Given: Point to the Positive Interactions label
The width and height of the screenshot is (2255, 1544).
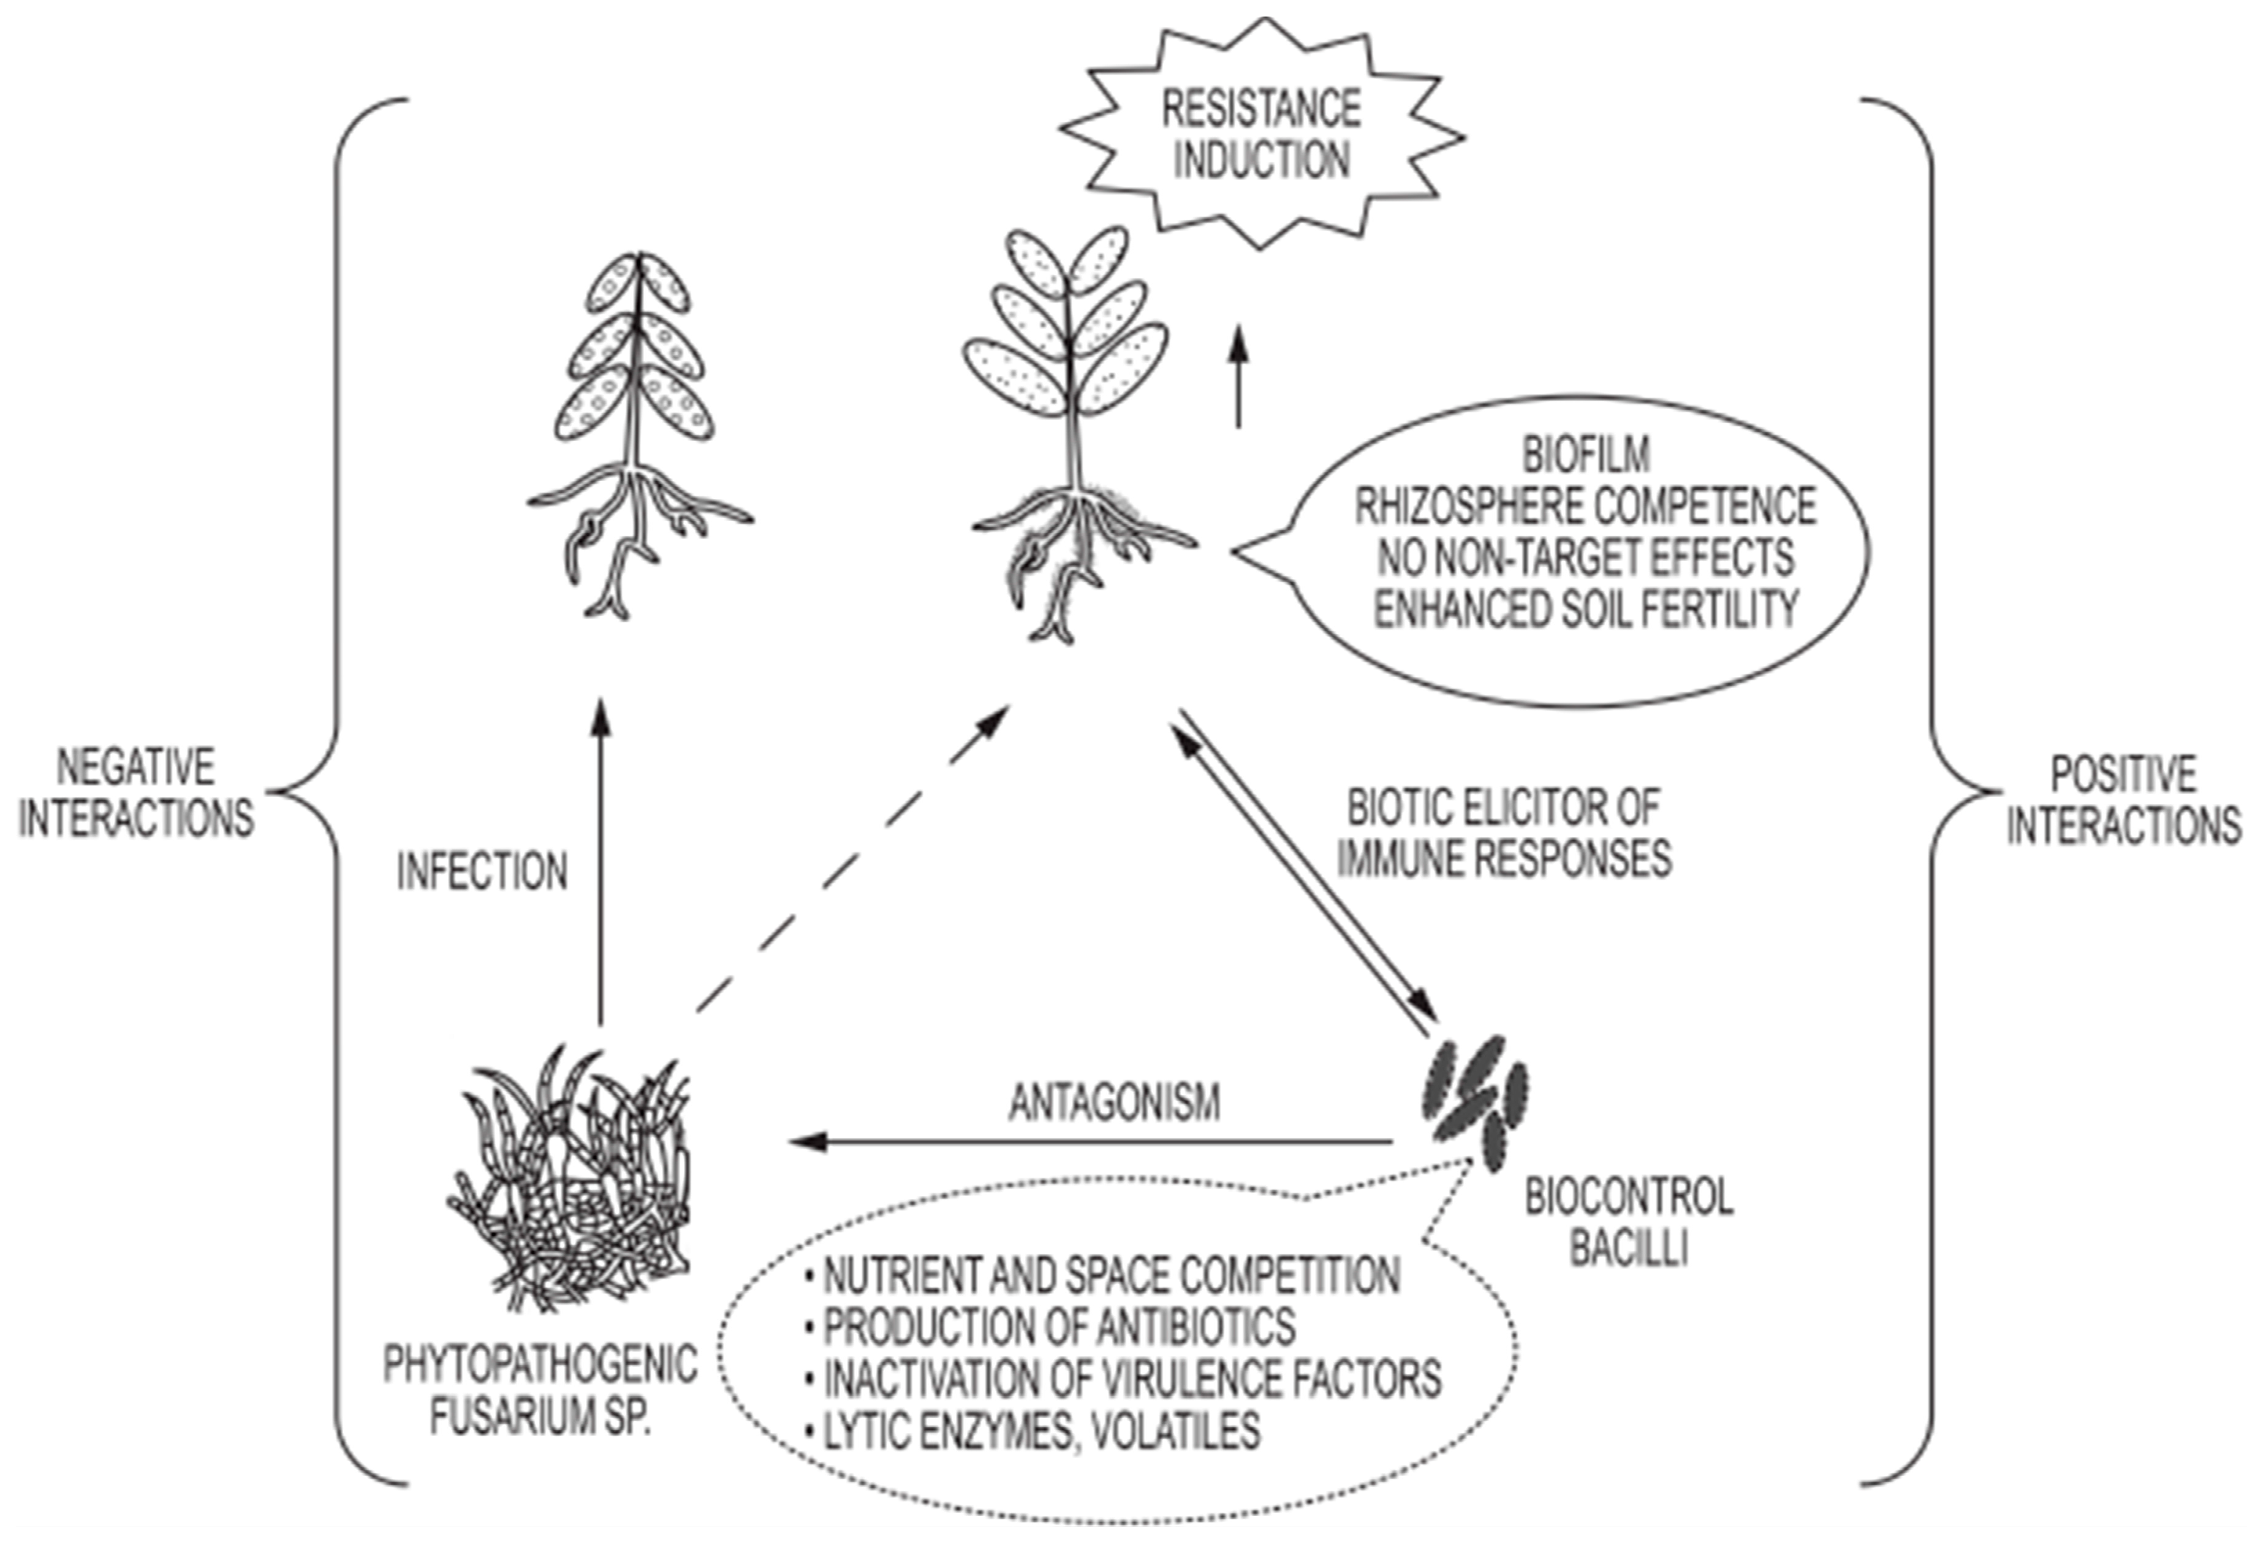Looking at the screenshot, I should click(x=2123, y=801).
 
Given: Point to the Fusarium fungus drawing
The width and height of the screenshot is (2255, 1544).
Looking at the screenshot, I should click(x=572, y=1183).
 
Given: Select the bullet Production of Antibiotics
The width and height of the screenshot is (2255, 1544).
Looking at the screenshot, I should click(x=1058, y=1326).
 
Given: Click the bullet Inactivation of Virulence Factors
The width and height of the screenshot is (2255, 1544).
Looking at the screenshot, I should click(x=1131, y=1378).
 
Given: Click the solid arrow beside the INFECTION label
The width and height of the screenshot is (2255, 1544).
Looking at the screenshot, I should click(x=601, y=864).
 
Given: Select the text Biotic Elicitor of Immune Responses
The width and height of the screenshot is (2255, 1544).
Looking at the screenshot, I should click(x=1504, y=833).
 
